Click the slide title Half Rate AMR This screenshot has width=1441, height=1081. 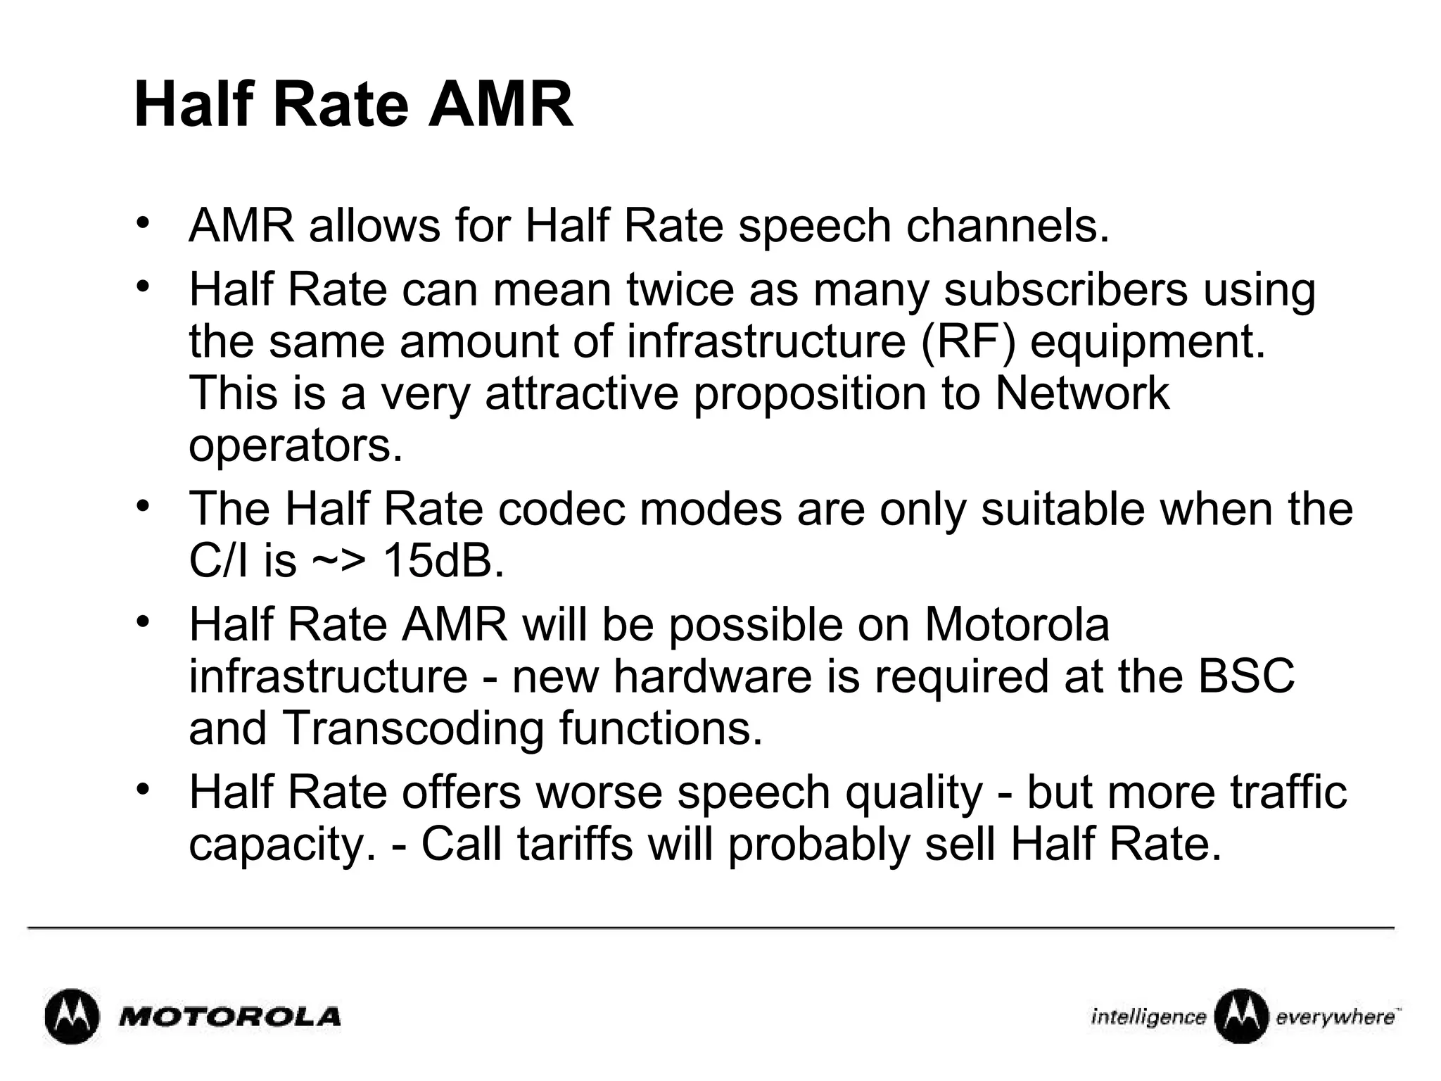353,106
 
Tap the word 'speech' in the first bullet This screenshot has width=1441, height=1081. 815,227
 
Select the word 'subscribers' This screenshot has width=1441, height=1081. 1065,289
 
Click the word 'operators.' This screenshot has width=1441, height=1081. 296,446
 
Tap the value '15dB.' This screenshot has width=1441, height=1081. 443,561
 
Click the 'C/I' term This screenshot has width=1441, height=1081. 218,561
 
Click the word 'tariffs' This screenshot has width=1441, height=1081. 575,844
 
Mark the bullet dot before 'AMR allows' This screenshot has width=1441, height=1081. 144,223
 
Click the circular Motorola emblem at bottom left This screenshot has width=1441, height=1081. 71,1017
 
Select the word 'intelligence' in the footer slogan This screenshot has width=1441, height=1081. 1148,1017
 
